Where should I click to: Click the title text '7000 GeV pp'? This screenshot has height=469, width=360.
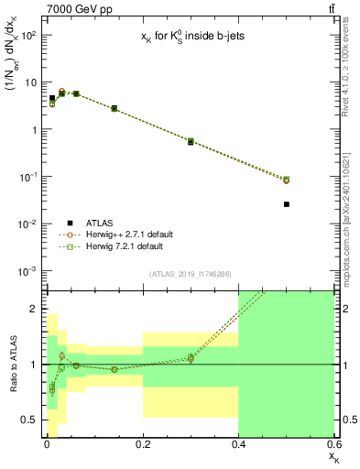[61, 8]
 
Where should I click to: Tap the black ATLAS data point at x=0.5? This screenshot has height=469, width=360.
[287, 204]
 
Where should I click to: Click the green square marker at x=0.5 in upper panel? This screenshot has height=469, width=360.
[287, 180]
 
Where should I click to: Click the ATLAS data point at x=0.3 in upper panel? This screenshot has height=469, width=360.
[191, 142]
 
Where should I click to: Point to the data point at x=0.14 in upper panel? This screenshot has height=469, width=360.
[115, 108]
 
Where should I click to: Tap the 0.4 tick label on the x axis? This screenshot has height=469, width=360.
[238, 446]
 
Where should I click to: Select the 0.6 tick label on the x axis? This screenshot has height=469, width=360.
[334, 446]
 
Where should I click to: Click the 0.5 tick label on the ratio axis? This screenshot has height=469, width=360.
[27, 420]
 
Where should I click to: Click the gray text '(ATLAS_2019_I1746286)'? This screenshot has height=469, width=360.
[190, 274]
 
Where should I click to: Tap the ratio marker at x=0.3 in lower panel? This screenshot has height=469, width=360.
[191, 358]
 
